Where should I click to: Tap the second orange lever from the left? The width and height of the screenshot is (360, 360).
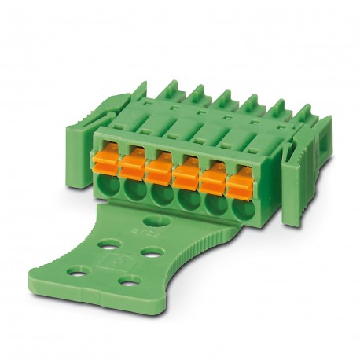(x=133, y=166)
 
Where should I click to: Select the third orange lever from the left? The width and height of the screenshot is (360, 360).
(x=160, y=169)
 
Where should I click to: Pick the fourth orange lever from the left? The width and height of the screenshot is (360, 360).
(x=186, y=172)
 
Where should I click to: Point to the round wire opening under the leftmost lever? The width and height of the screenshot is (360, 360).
(x=107, y=186)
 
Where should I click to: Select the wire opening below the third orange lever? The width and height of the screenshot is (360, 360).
(x=159, y=193)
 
